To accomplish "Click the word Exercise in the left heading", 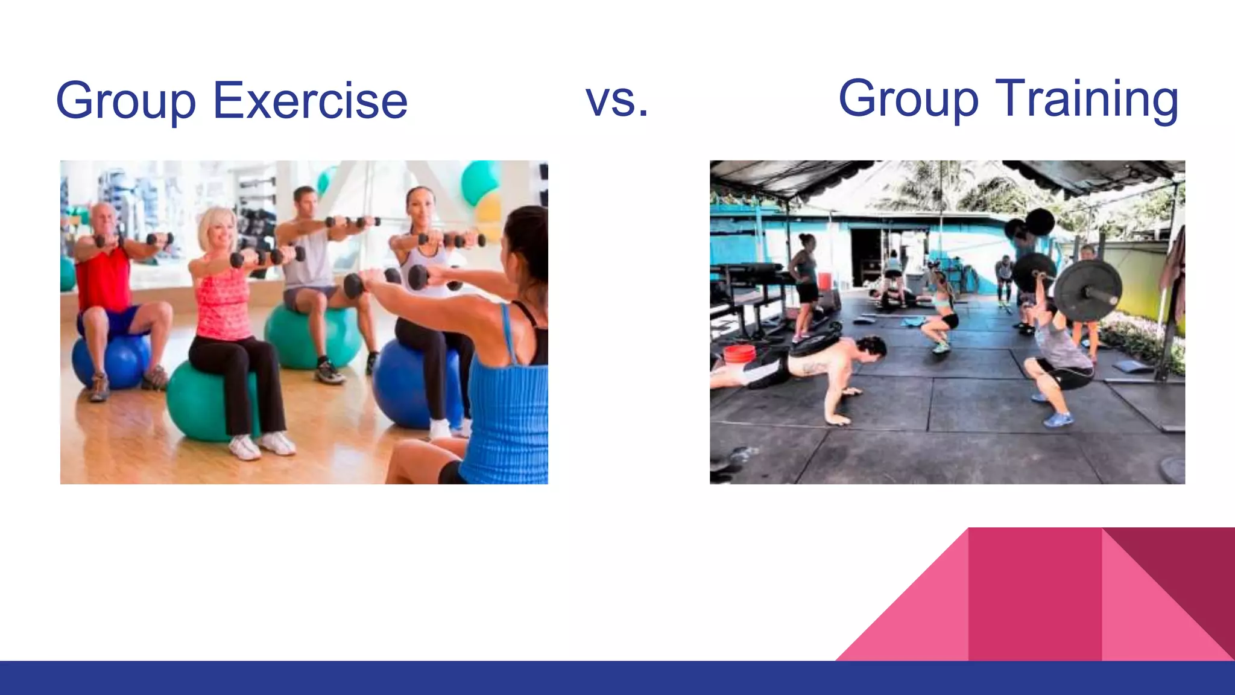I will (310, 101).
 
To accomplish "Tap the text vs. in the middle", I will (617, 100).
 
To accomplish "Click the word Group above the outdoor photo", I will (908, 100).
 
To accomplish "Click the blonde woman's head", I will (218, 229).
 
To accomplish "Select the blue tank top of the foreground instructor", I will (510, 416).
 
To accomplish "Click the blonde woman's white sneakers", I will (262, 445).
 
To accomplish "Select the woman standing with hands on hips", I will (805, 284).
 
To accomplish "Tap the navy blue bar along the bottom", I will (617, 678).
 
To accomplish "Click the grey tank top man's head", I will (305, 202).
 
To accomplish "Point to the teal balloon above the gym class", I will (479, 181).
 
